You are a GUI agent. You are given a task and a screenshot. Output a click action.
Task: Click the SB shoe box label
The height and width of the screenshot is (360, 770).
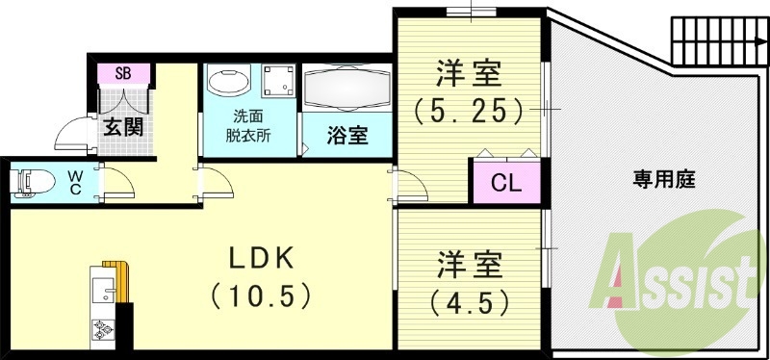coord(123,73)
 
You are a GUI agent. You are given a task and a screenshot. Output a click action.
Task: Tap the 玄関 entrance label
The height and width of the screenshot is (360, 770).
coord(123,125)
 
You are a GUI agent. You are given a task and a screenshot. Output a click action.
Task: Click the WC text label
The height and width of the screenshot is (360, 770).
coord(75,181)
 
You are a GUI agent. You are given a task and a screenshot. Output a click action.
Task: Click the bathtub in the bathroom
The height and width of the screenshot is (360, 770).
coord(346,89)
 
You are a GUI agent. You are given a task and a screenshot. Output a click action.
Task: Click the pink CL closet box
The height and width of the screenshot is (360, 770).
coord(506,182)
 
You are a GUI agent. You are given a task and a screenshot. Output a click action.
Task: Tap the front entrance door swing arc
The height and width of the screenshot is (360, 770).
coord(72,137)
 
